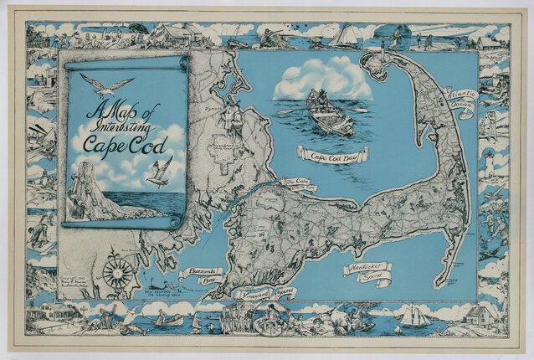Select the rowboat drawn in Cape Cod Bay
coord(330,115)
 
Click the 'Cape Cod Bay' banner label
coord(333,154)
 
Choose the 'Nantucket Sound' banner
coord(367,271)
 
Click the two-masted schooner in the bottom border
coord(416,316)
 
